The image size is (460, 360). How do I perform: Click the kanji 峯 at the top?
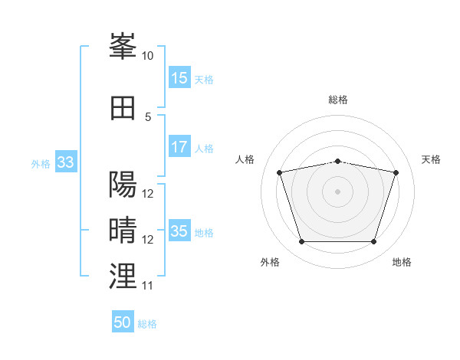(123, 46)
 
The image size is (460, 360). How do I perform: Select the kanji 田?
(123, 108)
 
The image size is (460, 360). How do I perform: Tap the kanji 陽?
(123, 184)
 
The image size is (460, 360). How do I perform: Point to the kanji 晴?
(123, 230)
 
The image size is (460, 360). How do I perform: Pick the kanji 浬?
(123, 276)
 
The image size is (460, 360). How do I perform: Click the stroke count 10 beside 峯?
(147, 56)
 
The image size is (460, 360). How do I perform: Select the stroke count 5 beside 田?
(148, 117)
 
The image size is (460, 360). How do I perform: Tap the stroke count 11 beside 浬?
(147, 286)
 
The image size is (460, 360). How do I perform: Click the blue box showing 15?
(179, 77)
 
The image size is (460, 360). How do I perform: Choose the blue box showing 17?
(179, 146)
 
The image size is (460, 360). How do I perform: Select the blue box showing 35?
(179, 230)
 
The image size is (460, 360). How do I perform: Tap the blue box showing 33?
(66, 162)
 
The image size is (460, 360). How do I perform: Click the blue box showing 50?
(123, 321)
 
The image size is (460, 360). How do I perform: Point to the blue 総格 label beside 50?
(147, 324)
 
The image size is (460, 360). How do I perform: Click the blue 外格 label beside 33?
(41, 164)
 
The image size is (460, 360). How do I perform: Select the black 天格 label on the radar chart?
(431, 159)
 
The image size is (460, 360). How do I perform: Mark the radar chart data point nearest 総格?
(337, 162)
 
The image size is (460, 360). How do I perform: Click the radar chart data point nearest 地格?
(374, 241)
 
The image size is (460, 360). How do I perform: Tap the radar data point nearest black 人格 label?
(279, 172)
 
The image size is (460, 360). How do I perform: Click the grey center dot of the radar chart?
(337, 191)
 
